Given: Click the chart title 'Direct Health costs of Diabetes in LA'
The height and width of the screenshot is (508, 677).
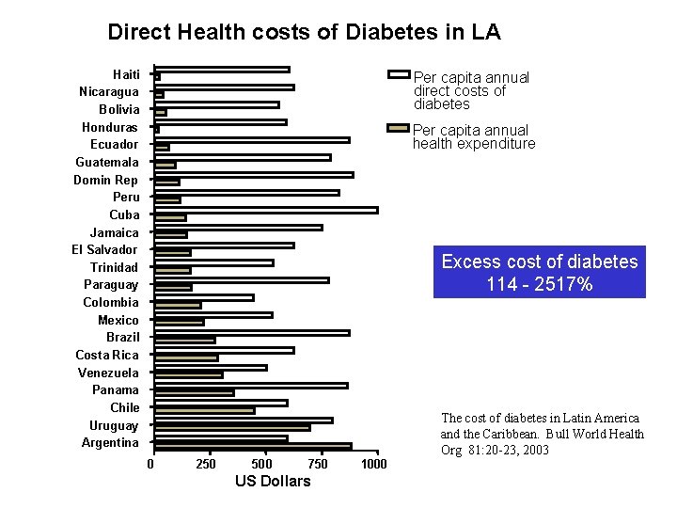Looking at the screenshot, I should coord(304,32).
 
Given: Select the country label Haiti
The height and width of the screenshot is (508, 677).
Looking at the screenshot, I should coord(126,74).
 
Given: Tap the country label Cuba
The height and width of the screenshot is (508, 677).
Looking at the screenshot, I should coord(124,214).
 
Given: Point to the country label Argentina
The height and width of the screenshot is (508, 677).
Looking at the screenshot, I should coord(110,442).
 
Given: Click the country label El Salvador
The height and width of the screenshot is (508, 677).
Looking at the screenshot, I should coord(104,249).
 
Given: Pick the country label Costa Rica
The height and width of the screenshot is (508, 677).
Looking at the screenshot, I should coord(107,355).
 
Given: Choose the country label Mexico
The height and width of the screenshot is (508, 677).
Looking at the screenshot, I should coord(118,320).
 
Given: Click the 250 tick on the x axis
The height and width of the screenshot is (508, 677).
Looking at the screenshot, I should coord(206,464).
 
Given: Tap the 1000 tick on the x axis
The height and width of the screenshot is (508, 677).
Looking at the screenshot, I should coord(373,464).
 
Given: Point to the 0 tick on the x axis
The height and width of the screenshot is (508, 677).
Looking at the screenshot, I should coord(150,464).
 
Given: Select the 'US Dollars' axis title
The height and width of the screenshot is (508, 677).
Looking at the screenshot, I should coord(272,482).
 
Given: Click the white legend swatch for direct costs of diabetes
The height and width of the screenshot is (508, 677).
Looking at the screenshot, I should coord(398,74).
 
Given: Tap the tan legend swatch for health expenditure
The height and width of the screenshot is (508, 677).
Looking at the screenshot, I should coord(398,127).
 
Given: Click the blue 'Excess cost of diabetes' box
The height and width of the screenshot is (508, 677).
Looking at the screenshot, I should coord(539,272).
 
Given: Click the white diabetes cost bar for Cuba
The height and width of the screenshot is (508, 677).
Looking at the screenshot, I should coord(266,210).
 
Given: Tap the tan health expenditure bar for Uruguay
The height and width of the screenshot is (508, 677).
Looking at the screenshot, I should coord(232,428).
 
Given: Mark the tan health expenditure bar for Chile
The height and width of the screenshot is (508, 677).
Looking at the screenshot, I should coord(204,410).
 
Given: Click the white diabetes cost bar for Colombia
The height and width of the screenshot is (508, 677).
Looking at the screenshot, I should coord(204,297).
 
